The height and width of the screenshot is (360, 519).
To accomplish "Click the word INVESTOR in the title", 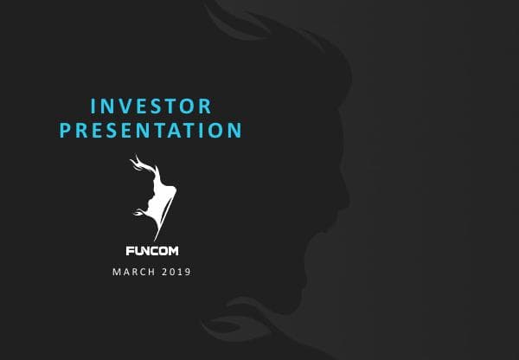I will click(x=151, y=106).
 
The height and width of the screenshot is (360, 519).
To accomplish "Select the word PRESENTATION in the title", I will click(x=151, y=132).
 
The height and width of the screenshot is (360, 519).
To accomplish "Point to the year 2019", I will click(x=175, y=273).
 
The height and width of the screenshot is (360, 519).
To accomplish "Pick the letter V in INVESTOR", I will click(x=121, y=106).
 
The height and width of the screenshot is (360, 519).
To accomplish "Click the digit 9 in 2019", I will click(x=188, y=273).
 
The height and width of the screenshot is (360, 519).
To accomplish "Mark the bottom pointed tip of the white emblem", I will click(x=156, y=239).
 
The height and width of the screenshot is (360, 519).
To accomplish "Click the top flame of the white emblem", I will click(x=136, y=162).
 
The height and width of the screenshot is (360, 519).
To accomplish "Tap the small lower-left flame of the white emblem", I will click(x=138, y=212).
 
